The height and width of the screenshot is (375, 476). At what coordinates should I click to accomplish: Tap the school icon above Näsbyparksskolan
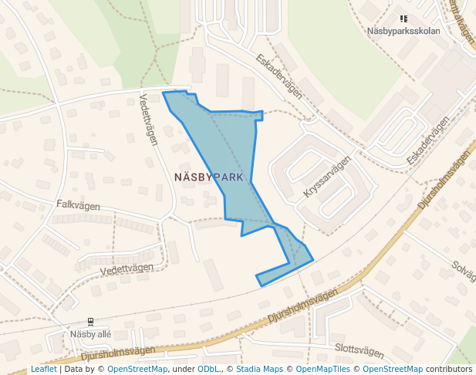(403, 19)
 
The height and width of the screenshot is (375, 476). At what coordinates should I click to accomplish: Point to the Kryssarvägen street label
(328, 177)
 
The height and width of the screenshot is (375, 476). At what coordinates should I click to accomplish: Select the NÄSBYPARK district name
(209, 177)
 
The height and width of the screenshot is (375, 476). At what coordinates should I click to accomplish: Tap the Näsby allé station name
(91, 334)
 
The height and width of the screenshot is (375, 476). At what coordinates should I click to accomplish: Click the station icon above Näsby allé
(91, 321)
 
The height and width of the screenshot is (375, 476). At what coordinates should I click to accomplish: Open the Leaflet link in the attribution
(43, 369)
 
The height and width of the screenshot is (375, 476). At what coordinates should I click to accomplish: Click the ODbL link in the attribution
(209, 369)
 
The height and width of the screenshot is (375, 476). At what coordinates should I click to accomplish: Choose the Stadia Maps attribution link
(258, 369)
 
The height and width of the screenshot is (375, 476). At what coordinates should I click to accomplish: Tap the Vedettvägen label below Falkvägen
(127, 271)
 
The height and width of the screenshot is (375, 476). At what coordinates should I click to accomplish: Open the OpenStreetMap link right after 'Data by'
(137, 369)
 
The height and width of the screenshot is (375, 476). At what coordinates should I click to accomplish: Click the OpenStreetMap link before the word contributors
(393, 369)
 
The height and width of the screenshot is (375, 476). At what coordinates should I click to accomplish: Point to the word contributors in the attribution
(449, 369)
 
